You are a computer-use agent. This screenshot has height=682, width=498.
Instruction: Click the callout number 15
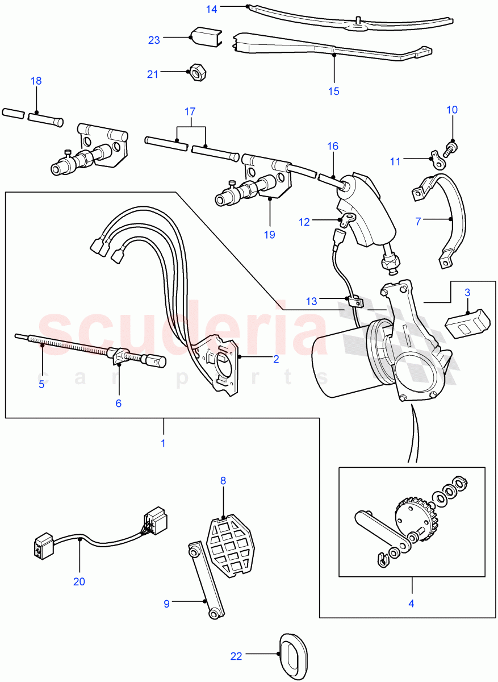pyautogui.click(x=333, y=91)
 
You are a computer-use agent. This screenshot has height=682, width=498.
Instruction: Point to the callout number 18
pyautogui.click(x=36, y=81)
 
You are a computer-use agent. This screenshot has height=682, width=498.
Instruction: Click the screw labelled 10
pyautogui.click(x=453, y=146)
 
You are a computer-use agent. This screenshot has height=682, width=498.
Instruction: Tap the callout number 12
pyautogui.click(x=305, y=222)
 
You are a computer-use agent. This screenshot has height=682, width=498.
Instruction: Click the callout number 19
pyautogui.click(x=269, y=234)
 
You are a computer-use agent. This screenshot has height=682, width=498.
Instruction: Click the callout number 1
pyautogui.click(x=163, y=442)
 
